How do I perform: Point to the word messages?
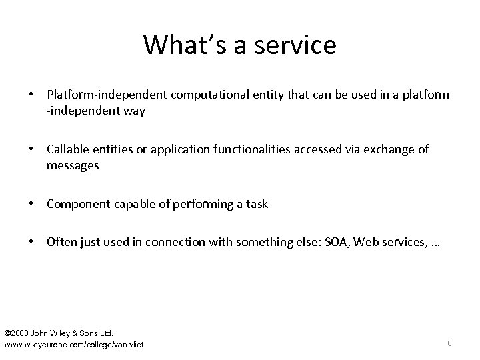click(73, 165)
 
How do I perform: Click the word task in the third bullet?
click(257, 204)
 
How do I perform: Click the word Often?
click(61, 242)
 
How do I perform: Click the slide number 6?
click(449, 343)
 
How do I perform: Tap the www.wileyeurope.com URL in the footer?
click(74, 344)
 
